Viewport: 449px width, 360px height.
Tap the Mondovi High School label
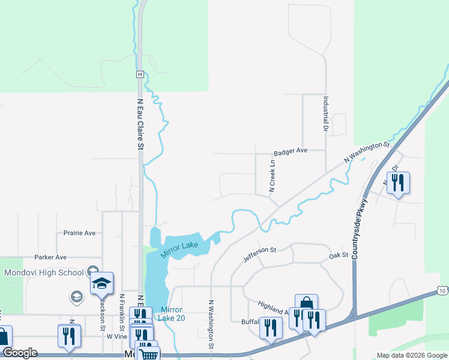pyautogui.click(x=44, y=272)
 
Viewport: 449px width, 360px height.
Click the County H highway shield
pyautogui.click(x=139, y=74)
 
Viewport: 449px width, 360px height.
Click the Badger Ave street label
pyautogui.click(x=290, y=152)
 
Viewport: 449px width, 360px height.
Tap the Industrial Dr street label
pyautogui.click(x=326, y=115)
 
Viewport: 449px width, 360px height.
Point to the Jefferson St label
pyautogui.click(x=259, y=255)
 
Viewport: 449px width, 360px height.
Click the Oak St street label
pyautogui.click(x=339, y=256)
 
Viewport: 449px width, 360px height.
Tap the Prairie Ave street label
pyautogui.click(x=79, y=233)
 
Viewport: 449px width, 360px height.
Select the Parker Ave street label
pyautogui.click(x=50, y=257)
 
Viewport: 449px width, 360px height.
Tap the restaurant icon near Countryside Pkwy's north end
pyautogui.click(x=397, y=182)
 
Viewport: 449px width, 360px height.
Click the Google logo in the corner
pyautogui.click(x=20, y=353)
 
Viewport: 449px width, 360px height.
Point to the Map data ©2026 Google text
pyautogui.click(x=412, y=355)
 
